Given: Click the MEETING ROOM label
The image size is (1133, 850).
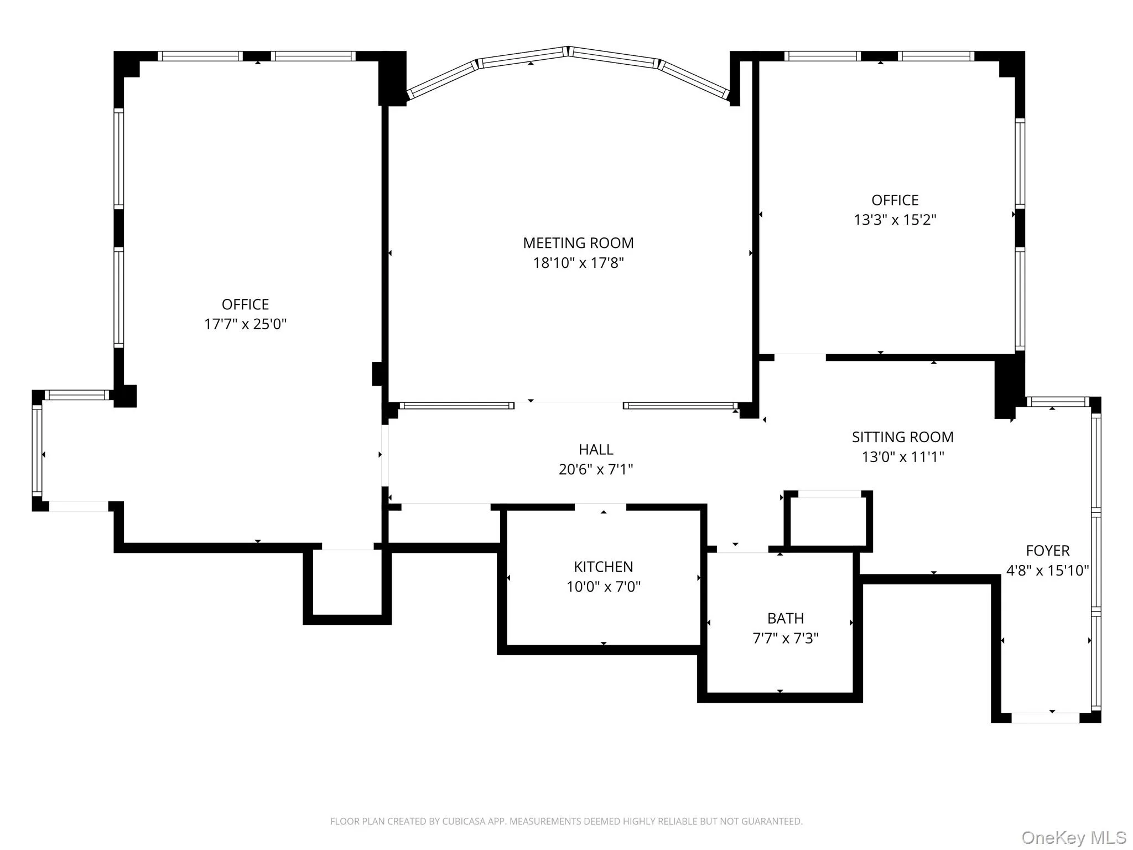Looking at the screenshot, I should (x=578, y=243).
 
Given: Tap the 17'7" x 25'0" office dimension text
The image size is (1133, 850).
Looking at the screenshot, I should (x=245, y=324).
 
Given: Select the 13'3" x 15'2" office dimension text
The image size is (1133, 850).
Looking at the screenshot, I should (x=895, y=220).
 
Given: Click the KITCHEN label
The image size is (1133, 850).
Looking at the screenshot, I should (x=603, y=567).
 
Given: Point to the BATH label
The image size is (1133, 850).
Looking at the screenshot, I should (x=785, y=618).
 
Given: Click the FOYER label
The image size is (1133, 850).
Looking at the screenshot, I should (x=1047, y=551).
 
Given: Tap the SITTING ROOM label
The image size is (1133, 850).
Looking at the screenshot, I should (x=902, y=437).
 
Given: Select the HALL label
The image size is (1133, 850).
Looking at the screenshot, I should (x=596, y=449).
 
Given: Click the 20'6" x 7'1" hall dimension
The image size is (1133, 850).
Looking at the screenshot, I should (x=596, y=470).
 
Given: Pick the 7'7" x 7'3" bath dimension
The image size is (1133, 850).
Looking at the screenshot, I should (x=785, y=639).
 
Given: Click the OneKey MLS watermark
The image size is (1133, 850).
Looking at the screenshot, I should (x=1073, y=837).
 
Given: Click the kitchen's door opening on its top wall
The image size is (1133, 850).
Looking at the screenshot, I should (x=600, y=507).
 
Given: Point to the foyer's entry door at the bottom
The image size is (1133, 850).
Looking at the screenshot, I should (x=1045, y=718).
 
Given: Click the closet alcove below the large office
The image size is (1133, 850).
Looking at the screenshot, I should (x=347, y=582).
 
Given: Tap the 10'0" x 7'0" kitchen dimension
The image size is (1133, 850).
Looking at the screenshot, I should (x=603, y=587).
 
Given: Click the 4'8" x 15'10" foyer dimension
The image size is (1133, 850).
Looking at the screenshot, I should (x=1047, y=571).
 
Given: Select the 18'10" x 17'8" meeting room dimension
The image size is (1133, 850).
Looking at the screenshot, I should (x=578, y=263).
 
